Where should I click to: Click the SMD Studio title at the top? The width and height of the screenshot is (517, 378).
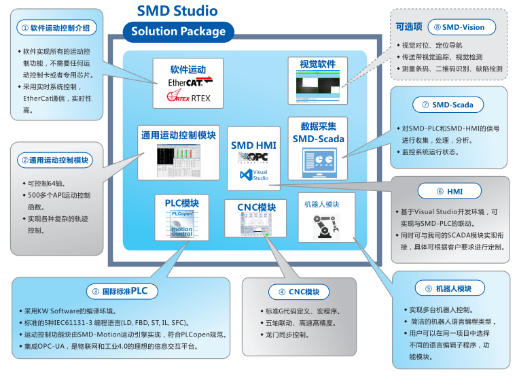coord(178,11)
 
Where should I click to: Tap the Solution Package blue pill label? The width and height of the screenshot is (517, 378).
coord(178,31)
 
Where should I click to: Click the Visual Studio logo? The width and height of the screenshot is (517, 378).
coord(254,175)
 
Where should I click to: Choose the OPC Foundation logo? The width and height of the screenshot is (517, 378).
coord(252,157)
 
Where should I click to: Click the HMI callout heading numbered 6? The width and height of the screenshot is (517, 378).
coord(449,192)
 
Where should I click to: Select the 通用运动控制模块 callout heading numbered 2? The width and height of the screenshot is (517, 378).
coord(56,160)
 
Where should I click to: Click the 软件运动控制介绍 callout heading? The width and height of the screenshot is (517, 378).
coord(55,28)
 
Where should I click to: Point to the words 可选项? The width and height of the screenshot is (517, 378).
coord(408,27)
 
